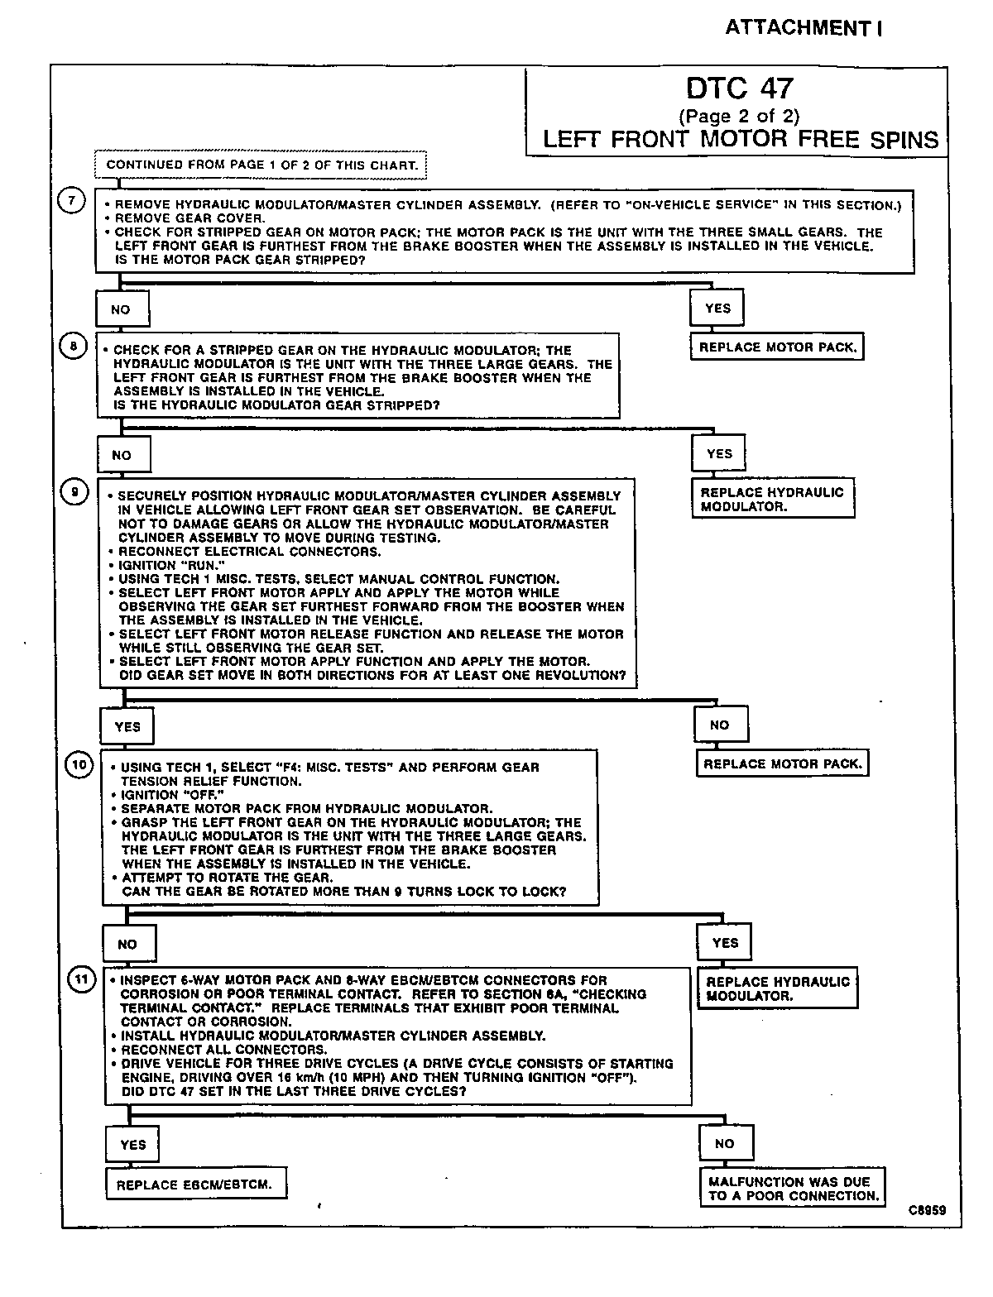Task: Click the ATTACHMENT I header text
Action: pos(804,28)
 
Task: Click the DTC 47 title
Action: pos(739,89)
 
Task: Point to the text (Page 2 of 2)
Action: pos(739,116)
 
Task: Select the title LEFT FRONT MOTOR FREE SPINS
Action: pos(741,139)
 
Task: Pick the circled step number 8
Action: pos(73,347)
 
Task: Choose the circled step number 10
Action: pos(79,765)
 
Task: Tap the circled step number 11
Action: pos(80,980)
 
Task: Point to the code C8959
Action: pos(926,1210)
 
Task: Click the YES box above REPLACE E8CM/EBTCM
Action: pos(132,1145)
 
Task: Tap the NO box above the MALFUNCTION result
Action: pos(724,1144)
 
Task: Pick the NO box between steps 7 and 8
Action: pos(121,309)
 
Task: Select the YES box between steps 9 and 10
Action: pos(127,727)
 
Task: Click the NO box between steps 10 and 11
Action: pos(127,944)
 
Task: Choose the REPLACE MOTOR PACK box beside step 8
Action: pos(776,347)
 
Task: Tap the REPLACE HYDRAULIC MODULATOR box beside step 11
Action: pos(777,988)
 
